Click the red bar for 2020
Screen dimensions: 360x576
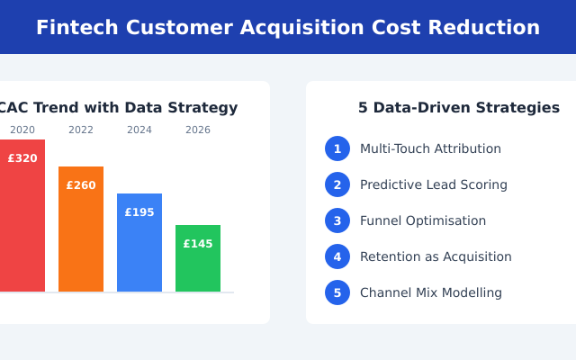[22, 225]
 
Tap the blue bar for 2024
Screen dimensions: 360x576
[139, 247]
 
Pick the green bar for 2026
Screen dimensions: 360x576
[198, 265]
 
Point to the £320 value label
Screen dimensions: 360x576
[22, 158]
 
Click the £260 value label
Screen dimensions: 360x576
[81, 185]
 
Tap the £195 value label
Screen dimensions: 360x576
[139, 212]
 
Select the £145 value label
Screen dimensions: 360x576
[198, 244]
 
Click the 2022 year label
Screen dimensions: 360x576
[81, 130]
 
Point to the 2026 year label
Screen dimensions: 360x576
[198, 130]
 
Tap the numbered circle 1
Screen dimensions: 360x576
[337, 148]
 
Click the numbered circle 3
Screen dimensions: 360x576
[337, 220]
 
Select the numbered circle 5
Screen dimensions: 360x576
[337, 292]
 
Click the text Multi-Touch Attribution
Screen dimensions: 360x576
[430, 148]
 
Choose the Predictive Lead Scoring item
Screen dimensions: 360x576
[434, 184]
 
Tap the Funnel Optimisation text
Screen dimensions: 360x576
[423, 220]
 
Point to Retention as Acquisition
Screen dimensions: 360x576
[436, 256]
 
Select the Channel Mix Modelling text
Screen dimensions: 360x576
[431, 292]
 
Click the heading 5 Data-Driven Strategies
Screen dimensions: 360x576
[459, 108]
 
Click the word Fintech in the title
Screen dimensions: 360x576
[76, 28]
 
